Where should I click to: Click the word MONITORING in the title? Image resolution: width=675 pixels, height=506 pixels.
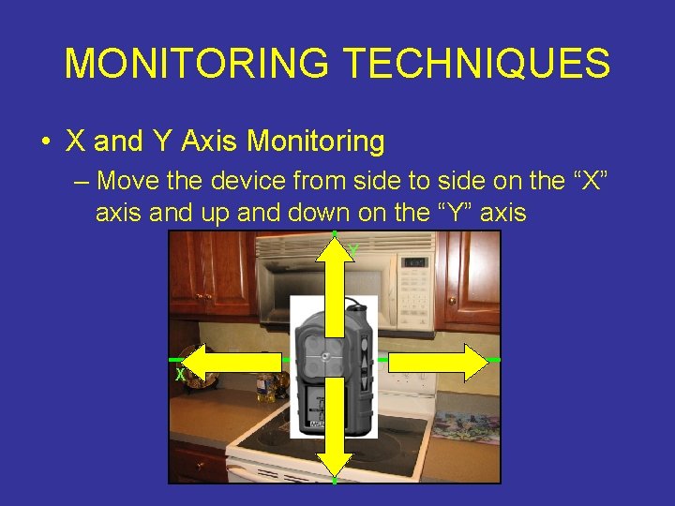(x=197, y=64)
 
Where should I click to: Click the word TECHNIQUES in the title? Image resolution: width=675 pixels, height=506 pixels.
(x=477, y=64)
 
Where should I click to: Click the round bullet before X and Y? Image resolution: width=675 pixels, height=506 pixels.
(x=44, y=142)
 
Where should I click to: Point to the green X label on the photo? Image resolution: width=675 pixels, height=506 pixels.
(x=178, y=376)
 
